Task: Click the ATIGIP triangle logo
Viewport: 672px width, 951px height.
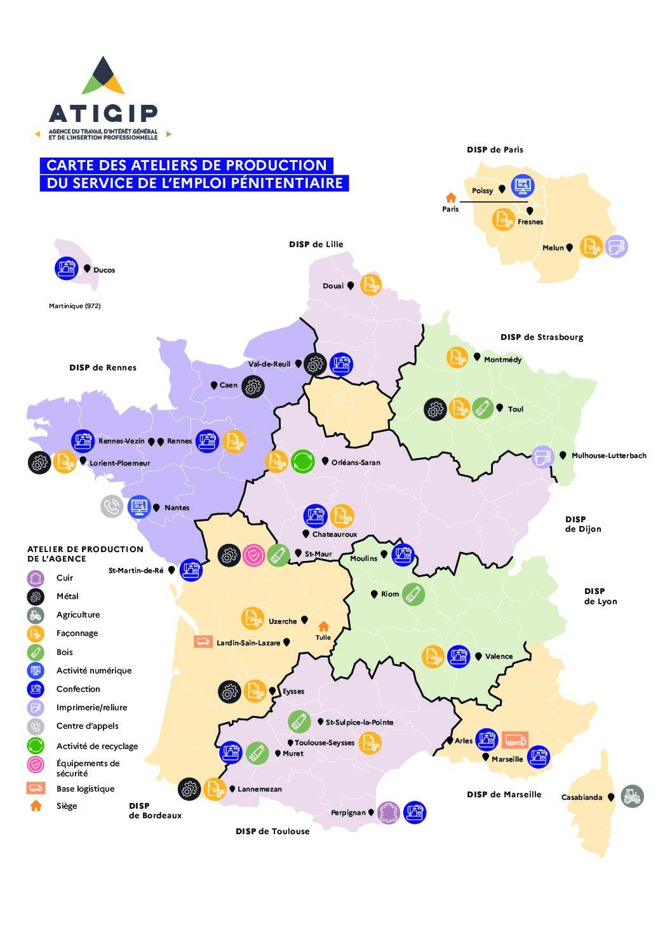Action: (x=103, y=76)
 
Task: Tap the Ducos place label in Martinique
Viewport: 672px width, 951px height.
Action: (x=104, y=270)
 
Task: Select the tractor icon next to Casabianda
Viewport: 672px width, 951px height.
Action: (x=632, y=796)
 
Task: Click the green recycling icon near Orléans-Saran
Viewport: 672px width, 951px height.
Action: (x=303, y=461)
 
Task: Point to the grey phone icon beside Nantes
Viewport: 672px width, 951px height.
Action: (x=112, y=506)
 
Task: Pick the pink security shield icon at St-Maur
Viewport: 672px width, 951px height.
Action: (x=253, y=555)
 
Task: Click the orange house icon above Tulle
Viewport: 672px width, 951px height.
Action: (x=323, y=626)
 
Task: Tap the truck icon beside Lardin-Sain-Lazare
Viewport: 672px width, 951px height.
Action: (x=203, y=642)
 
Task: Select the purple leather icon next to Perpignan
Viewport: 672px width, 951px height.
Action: (x=388, y=813)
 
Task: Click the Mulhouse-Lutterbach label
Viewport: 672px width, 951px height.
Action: (x=608, y=455)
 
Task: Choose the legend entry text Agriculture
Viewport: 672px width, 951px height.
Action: (x=78, y=614)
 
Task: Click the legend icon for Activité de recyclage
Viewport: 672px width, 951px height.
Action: (x=36, y=746)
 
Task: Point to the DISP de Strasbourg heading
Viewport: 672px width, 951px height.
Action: (x=541, y=337)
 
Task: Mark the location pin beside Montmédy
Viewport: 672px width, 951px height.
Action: (x=477, y=357)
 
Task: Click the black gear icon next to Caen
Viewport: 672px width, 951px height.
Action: (x=253, y=386)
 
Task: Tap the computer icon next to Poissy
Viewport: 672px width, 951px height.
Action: (x=522, y=186)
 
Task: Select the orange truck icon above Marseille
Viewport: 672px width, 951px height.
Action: (x=514, y=739)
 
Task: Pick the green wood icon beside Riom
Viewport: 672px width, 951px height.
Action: (x=413, y=595)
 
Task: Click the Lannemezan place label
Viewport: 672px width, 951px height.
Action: (x=259, y=789)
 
